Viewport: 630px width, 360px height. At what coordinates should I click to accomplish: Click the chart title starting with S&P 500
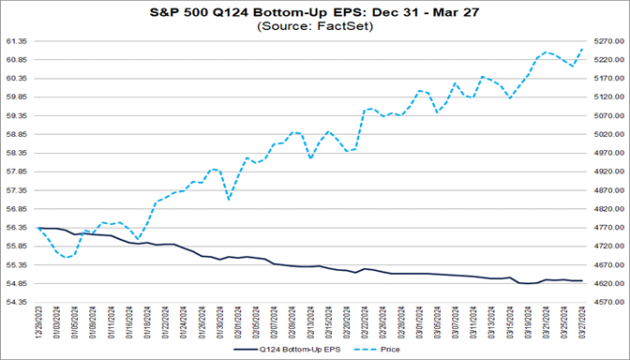click(314, 13)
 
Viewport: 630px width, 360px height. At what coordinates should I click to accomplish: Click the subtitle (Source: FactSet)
click(314, 27)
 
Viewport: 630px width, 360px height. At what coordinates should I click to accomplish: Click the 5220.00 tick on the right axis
click(610, 60)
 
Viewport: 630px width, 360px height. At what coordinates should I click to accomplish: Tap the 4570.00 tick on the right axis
click(610, 302)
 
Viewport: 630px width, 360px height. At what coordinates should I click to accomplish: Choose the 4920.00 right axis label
click(610, 172)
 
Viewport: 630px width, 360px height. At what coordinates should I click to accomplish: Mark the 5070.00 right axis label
click(610, 115)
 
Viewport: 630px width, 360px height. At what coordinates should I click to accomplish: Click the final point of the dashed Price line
click(582, 49)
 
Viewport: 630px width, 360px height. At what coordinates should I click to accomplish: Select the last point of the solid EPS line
click(582, 281)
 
